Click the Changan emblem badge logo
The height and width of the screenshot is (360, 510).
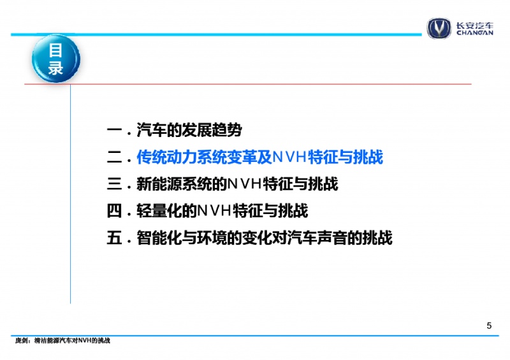tap(439, 28)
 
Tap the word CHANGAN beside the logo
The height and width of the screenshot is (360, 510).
tap(474, 32)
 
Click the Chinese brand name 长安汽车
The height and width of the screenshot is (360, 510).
tap(474, 25)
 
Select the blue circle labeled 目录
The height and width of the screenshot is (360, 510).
tap(56, 59)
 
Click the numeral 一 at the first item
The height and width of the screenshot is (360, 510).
tap(114, 131)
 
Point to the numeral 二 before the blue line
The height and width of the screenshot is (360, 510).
tap(114, 157)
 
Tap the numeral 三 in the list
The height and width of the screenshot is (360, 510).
tap(114, 184)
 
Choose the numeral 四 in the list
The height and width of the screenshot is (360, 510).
tap(114, 211)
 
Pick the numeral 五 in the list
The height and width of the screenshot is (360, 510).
tap(114, 238)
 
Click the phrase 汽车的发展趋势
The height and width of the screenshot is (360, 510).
tap(189, 130)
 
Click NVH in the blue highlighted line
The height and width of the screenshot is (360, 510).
tap(290, 157)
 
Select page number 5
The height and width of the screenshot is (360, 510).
tap(489, 326)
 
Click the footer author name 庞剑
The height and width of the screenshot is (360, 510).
tap(21, 340)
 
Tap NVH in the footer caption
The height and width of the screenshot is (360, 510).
tap(84, 340)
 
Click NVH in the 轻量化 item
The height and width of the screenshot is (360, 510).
tap(214, 211)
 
